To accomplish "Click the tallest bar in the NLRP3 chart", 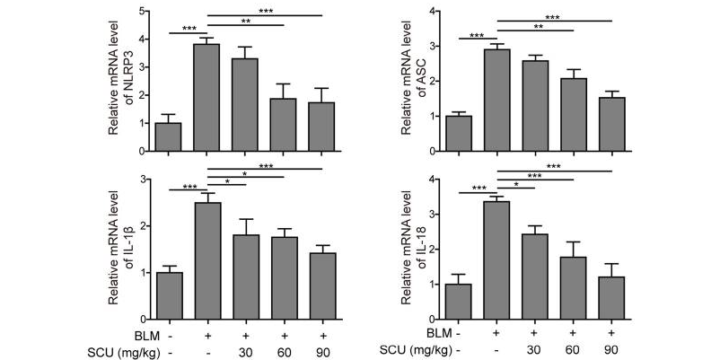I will pos(206,98).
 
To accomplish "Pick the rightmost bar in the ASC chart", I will pos(612,125).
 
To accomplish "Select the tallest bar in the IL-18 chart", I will pos(496,260).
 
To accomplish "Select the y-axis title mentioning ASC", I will pos(416,81).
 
